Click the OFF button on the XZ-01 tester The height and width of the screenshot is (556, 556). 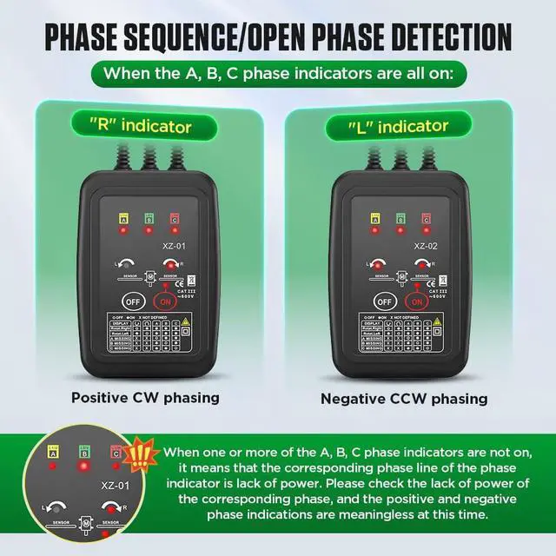click(x=131, y=301)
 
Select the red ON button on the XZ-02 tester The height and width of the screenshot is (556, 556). click(x=414, y=301)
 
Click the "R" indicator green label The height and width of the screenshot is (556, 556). click(x=140, y=127)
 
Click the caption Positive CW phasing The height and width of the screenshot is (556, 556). click(x=145, y=398)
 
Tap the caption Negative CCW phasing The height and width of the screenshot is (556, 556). click(x=404, y=399)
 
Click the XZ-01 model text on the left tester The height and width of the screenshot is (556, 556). click(x=174, y=246)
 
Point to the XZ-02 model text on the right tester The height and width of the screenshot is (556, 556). click(x=425, y=246)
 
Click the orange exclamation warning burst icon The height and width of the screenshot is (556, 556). click(x=139, y=456)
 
